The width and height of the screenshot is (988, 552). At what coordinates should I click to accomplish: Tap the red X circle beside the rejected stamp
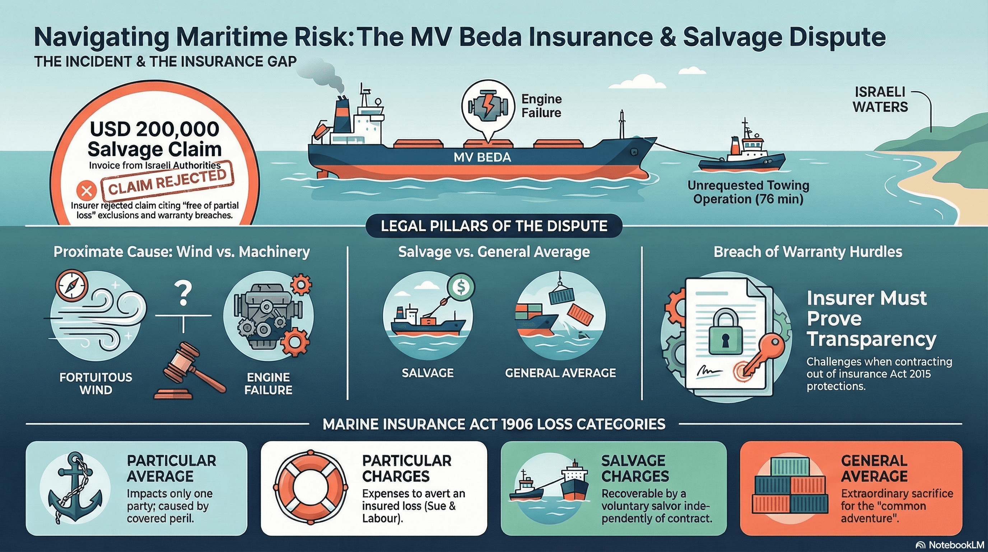point(87,190)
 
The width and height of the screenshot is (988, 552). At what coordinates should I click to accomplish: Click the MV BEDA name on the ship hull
point(482,157)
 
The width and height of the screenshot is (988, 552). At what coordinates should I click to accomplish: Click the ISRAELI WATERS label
point(880,100)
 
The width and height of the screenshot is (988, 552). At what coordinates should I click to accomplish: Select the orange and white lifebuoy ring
point(310,488)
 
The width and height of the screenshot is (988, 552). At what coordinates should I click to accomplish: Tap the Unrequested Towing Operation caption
point(748,192)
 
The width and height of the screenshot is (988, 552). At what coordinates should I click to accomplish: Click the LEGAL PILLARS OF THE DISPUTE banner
point(494,226)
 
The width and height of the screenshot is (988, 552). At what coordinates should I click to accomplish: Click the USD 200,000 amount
point(155,129)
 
